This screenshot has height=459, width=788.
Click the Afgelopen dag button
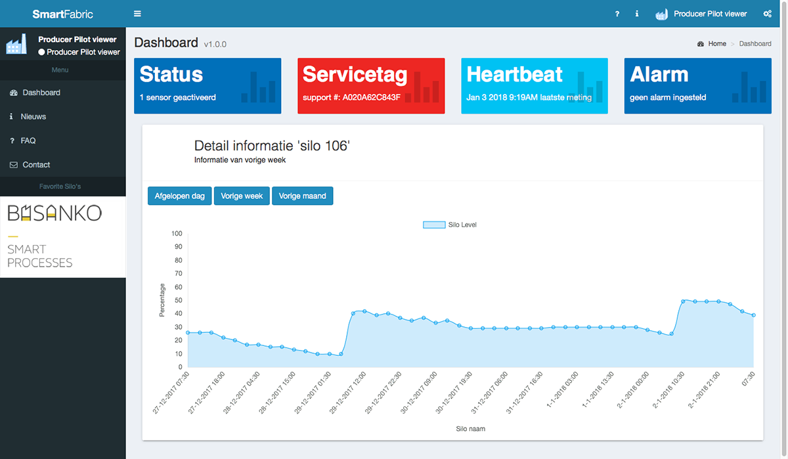click(180, 196)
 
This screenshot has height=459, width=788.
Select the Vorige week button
click(242, 196)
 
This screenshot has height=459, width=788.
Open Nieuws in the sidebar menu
click(33, 116)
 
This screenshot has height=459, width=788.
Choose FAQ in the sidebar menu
click(28, 141)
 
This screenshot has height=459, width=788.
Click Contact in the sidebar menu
click(36, 165)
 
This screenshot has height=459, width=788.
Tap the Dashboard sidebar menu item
click(41, 93)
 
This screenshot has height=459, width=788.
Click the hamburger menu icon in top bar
click(137, 14)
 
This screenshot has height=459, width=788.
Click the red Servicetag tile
click(371, 85)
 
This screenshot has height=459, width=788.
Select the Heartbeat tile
click(535, 85)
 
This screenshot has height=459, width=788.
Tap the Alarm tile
click(697, 85)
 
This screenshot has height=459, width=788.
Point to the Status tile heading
click(171, 75)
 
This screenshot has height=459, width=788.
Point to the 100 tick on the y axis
click(176, 234)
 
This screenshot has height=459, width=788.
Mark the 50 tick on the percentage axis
click(178, 300)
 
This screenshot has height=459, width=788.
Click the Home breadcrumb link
click(717, 43)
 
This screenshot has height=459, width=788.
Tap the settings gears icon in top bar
click(767, 14)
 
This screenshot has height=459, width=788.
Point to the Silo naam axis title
click(470, 429)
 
